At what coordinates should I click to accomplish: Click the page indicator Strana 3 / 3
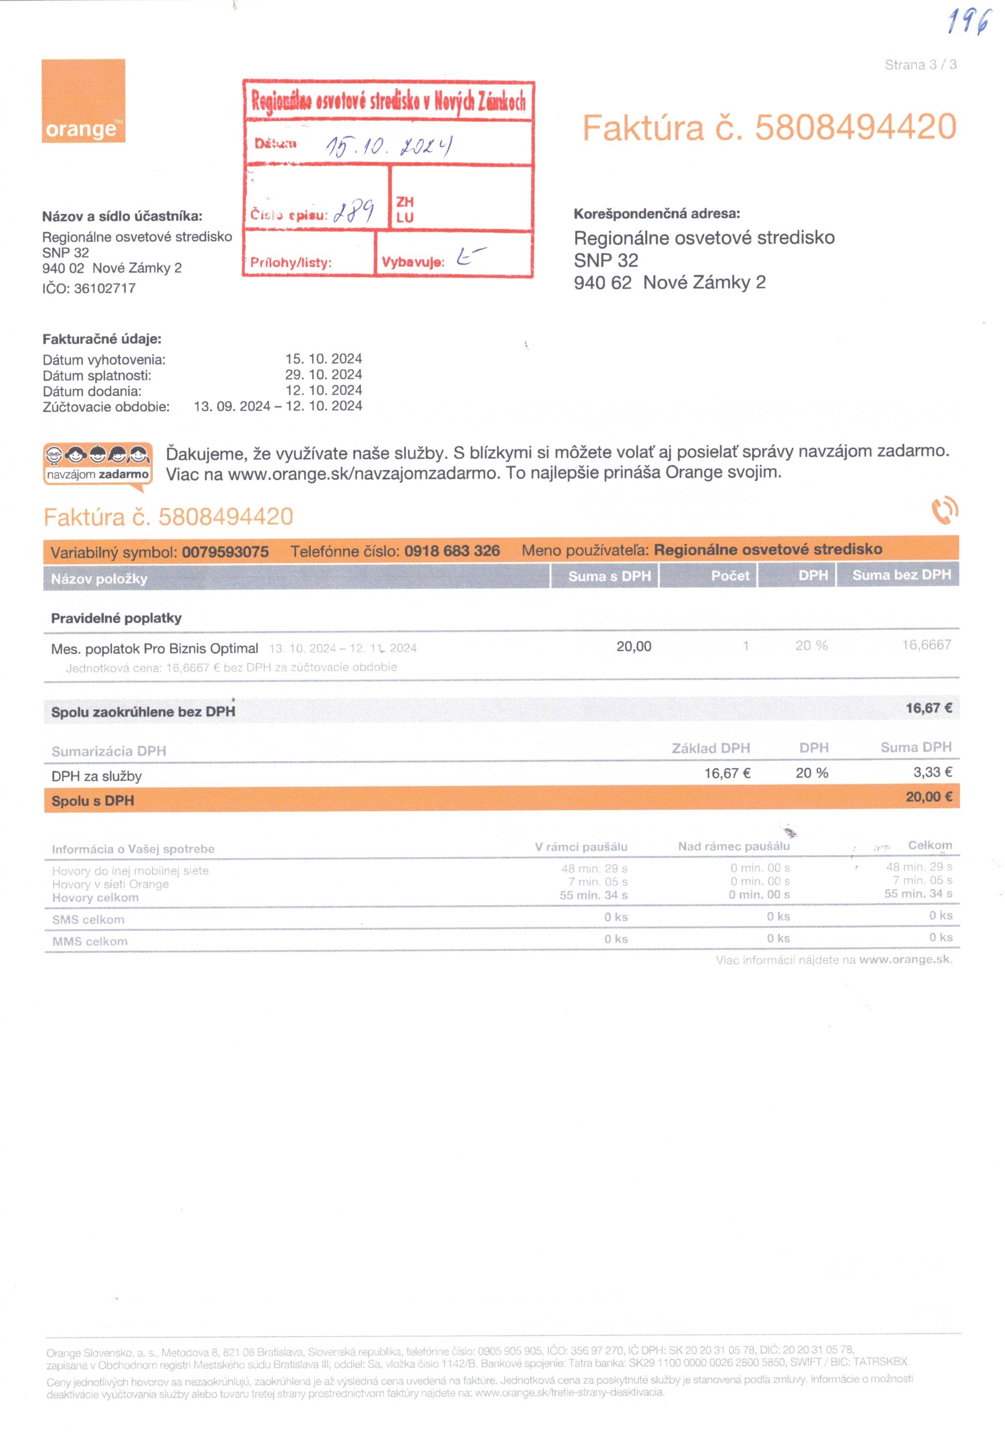click(920, 64)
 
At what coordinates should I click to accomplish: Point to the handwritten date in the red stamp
click(388, 146)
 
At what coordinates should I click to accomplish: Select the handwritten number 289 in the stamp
click(353, 211)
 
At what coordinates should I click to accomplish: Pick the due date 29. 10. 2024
click(324, 375)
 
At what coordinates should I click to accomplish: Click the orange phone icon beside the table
click(945, 510)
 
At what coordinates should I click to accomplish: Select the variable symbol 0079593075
click(225, 552)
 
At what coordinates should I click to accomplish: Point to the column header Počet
click(730, 576)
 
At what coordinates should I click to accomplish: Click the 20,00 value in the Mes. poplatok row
click(633, 646)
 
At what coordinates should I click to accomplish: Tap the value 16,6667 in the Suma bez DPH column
click(926, 645)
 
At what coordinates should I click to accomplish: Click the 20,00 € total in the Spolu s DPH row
click(928, 797)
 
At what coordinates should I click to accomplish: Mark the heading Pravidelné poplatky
click(116, 618)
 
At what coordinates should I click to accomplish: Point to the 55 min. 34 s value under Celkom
click(917, 894)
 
